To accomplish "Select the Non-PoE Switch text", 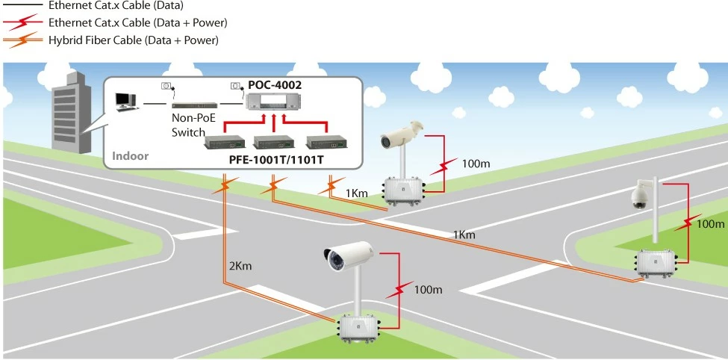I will point(188,125).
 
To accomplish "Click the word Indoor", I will point(131,156).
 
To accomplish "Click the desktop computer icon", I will point(125,100).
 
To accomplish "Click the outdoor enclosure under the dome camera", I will point(655,262).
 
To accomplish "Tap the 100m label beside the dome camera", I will point(710,223).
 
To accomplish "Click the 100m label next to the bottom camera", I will point(429,288).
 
